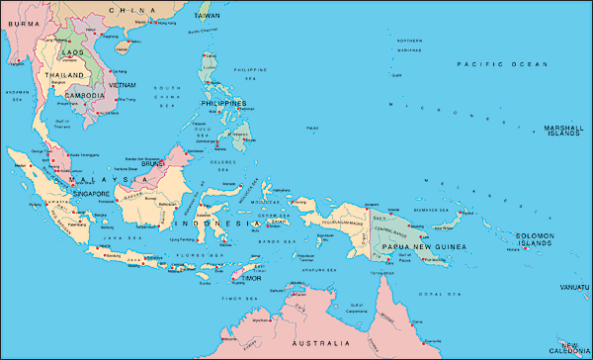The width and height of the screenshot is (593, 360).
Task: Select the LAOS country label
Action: coord(71,50)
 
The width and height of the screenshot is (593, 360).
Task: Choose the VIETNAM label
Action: coord(123,85)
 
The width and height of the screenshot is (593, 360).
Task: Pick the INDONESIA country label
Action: coord(233,224)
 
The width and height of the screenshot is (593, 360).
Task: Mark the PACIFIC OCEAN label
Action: coord(501,63)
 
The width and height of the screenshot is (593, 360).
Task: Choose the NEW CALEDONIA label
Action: coord(571,348)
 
